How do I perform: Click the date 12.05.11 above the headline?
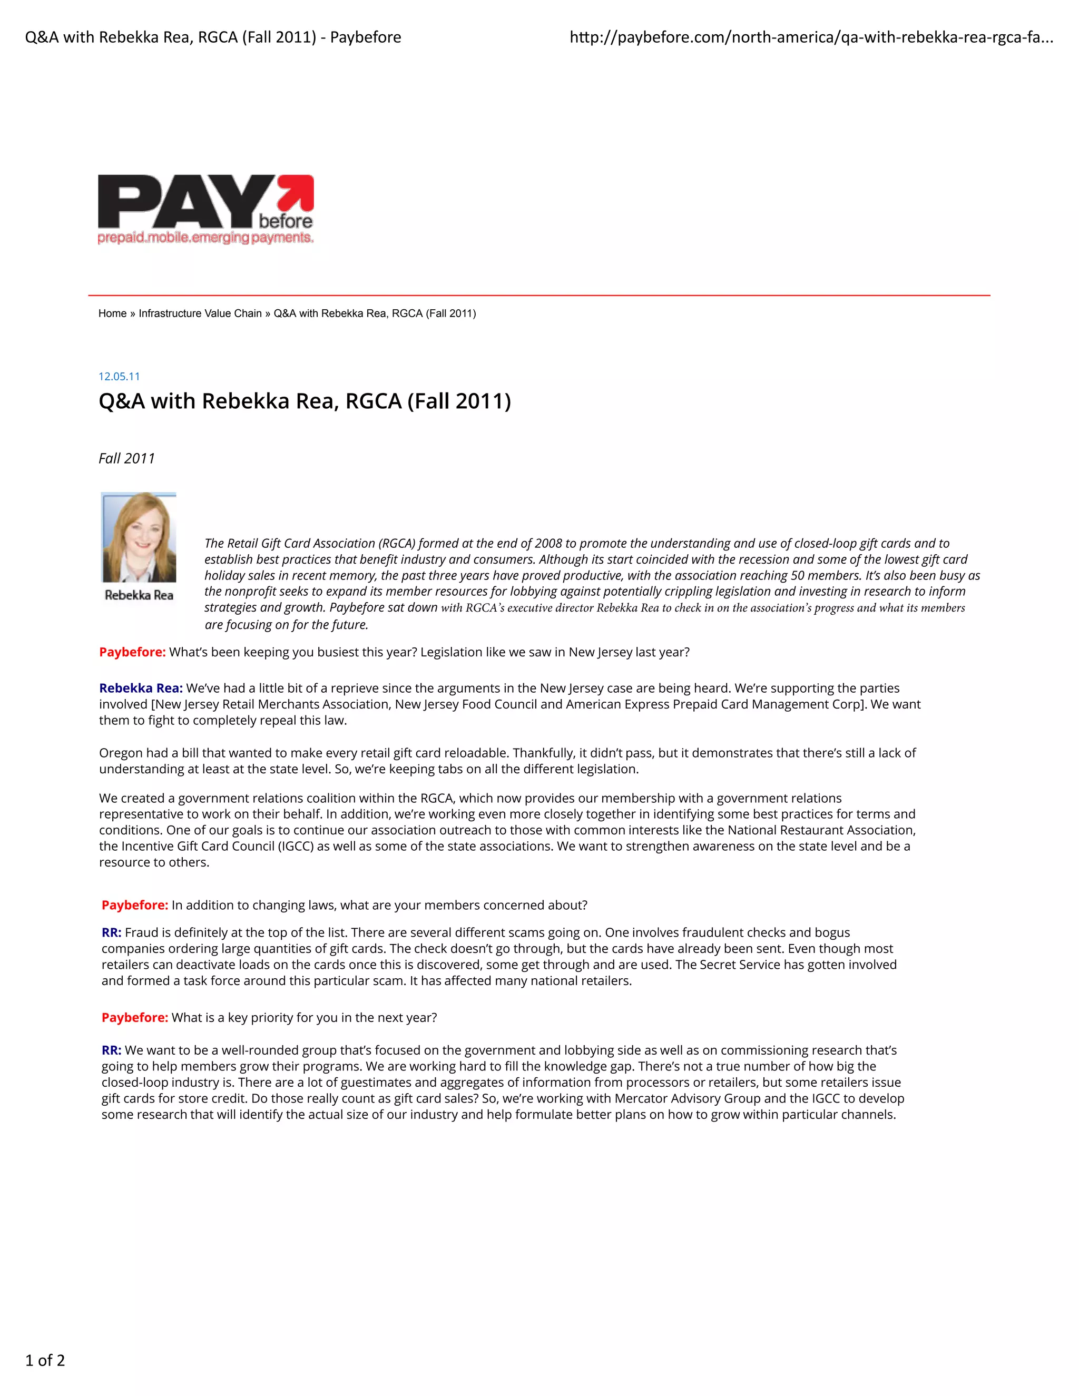(119, 377)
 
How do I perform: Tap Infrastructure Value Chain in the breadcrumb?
(200, 313)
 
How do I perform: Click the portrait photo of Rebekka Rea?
(139, 537)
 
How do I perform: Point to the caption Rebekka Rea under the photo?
(139, 595)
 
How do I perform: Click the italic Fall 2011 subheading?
(126, 458)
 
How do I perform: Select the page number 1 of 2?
(45, 1360)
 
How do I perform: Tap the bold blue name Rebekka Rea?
(141, 689)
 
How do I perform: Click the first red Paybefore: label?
(132, 652)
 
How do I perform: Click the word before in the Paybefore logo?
(286, 221)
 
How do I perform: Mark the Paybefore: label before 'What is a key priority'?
(135, 1018)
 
